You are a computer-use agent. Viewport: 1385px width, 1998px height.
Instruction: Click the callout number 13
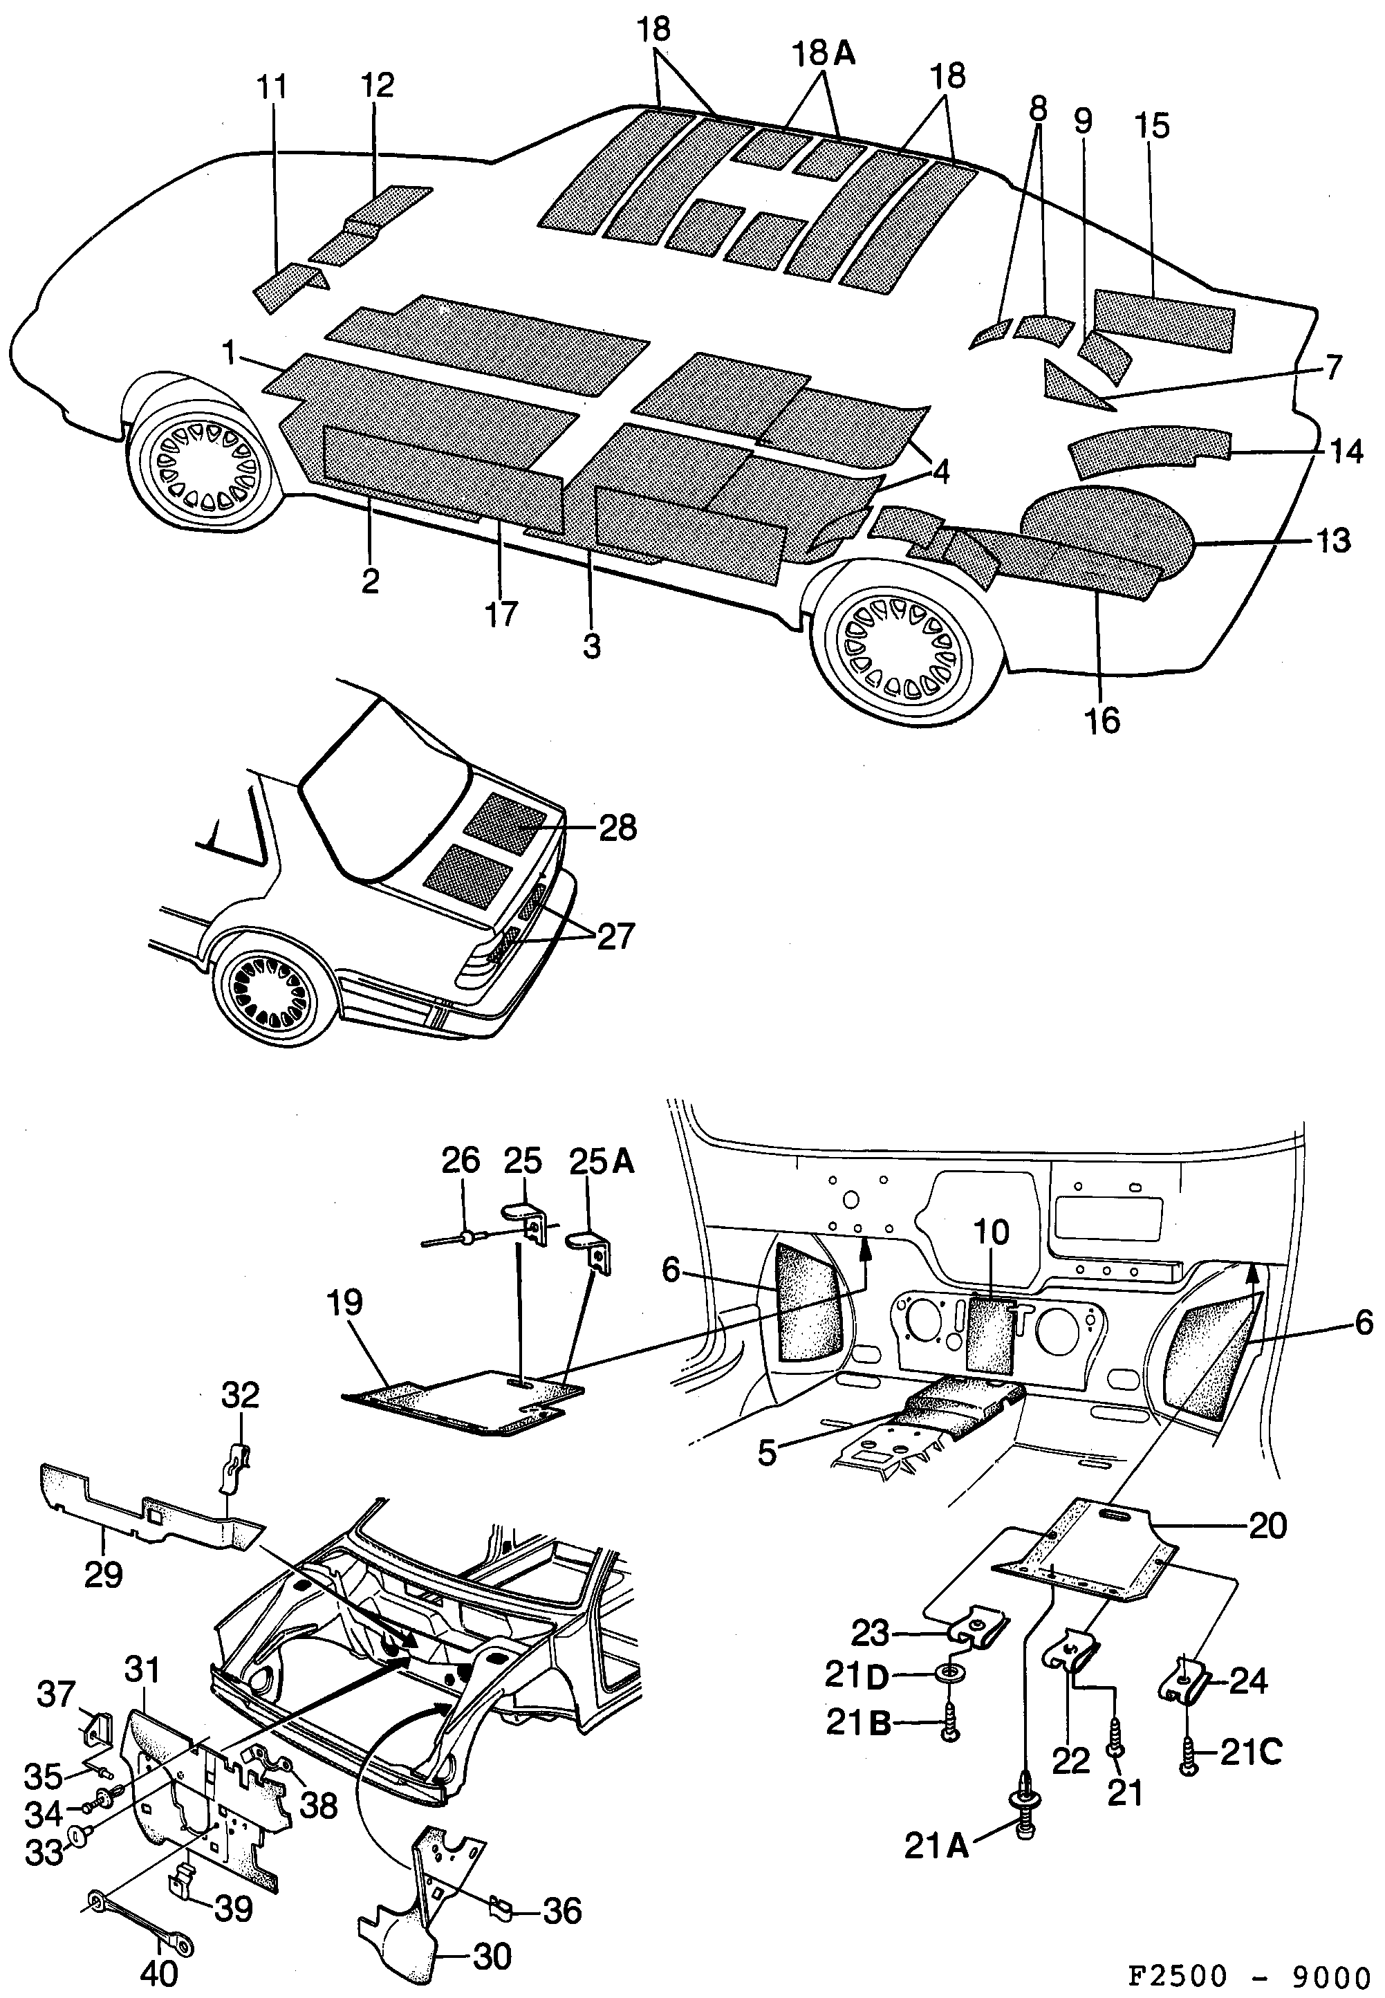pyautogui.click(x=1333, y=541)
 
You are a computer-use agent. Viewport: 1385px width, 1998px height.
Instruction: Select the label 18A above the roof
pyautogui.click(x=824, y=54)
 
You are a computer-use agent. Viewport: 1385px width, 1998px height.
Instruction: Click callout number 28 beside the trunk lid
pyautogui.click(x=618, y=827)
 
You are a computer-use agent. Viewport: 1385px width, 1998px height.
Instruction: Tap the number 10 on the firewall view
pyautogui.click(x=992, y=1232)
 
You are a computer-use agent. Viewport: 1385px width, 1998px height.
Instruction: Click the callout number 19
pyautogui.click(x=344, y=1302)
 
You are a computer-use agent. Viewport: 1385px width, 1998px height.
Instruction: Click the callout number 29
pyautogui.click(x=102, y=1573)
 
